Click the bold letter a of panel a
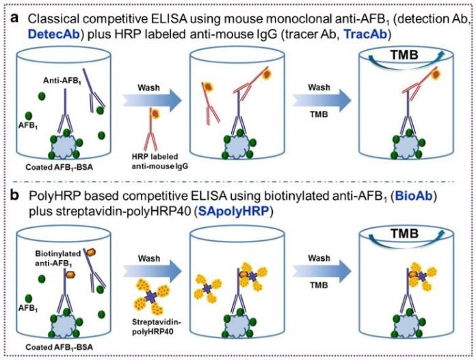(x=11, y=14)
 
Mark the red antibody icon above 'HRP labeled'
(x=153, y=130)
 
